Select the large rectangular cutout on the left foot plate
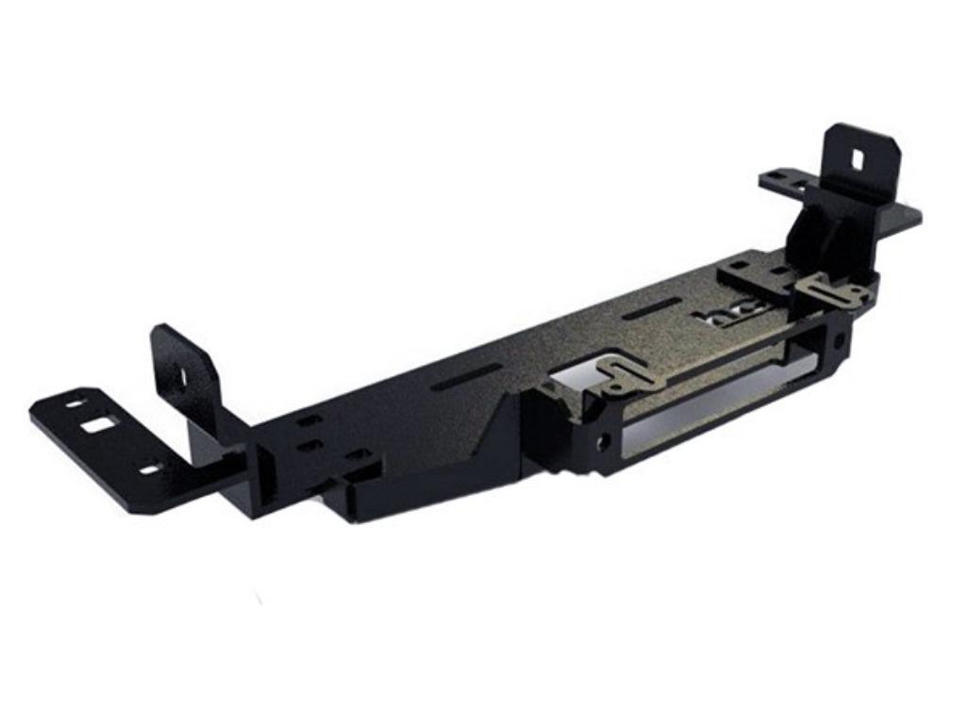click(x=96, y=426)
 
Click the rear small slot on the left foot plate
click(x=74, y=403)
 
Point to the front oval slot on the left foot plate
click(x=149, y=468)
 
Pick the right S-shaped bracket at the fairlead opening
click(x=830, y=289)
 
